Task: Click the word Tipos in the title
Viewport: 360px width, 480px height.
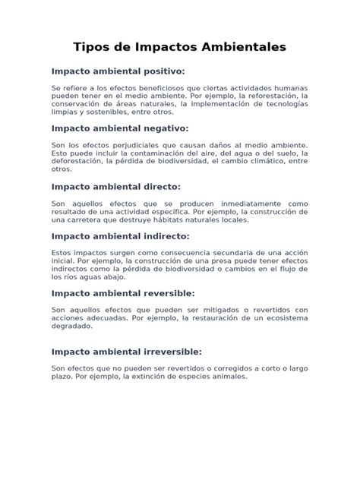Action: click(x=91, y=47)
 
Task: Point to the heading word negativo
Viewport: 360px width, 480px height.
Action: click(x=162, y=128)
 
